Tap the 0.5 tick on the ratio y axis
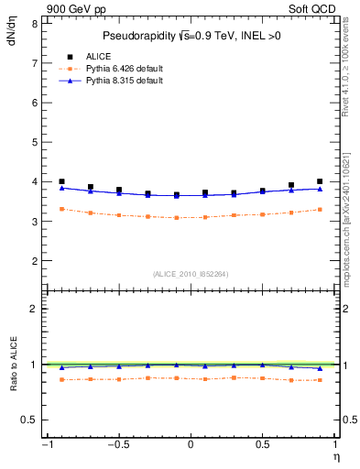29,420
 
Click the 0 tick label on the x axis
191,446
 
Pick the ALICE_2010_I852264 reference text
190,273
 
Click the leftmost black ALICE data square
61,181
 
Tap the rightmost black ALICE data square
320,181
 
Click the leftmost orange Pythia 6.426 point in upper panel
61,209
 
